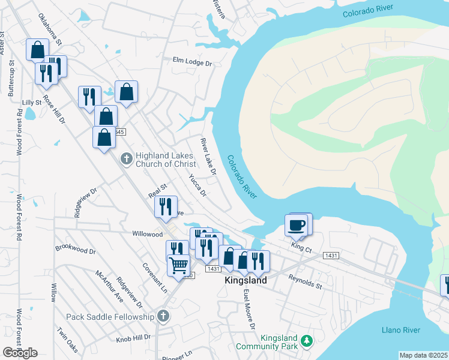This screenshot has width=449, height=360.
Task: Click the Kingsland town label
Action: coord(246,280)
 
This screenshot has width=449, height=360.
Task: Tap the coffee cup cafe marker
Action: coord(298,226)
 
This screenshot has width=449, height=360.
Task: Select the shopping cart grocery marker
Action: coord(178,265)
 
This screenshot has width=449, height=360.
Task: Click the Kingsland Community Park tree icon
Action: coord(306,341)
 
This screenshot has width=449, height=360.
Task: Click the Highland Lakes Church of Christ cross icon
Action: coord(126,159)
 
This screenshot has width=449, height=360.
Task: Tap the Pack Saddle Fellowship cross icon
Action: coord(162,316)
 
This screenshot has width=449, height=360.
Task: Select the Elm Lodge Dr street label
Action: coord(193,62)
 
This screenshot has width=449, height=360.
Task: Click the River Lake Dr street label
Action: coord(208,157)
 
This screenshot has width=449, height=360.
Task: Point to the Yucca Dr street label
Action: coord(197,185)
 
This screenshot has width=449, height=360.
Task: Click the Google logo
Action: coord(20,353)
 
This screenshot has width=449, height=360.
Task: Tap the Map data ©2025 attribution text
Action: coord(423,355)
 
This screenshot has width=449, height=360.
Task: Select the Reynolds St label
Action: coord(305,281)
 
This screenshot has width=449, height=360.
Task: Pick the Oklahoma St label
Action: coord(50,30)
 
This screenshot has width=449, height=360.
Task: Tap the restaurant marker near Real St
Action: coord(166,206)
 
